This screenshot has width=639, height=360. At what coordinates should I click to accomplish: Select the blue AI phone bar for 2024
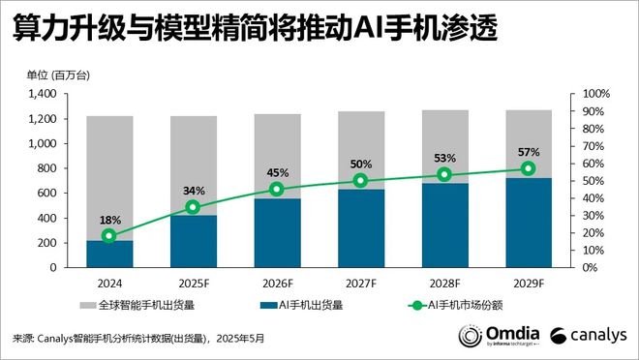pos(109,254)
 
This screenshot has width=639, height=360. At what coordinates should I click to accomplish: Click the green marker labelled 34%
pos(193,207)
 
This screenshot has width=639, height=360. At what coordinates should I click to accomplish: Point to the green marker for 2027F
pos(360,180)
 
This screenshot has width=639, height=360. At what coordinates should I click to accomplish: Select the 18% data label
pos(109,220)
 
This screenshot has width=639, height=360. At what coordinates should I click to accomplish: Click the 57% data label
pos(528,152)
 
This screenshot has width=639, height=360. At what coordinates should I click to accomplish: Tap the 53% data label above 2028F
pos(444,159)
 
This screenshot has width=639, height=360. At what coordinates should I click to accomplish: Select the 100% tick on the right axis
pos(596,94)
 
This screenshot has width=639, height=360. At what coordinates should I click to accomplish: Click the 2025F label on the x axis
pos(193,283)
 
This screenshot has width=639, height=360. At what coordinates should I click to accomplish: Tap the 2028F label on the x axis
pos(444,283)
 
